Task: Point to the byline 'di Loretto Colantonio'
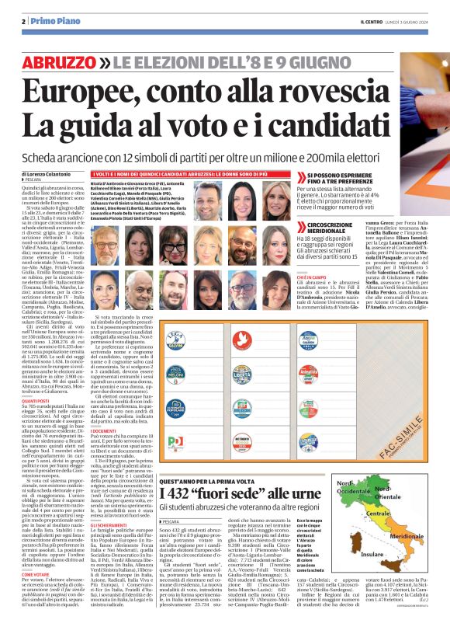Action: click(49, 177)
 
